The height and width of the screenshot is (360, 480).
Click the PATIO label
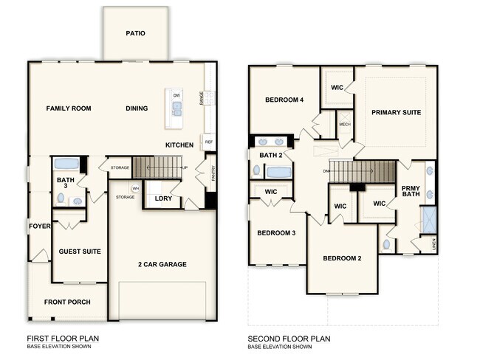pos(135,33)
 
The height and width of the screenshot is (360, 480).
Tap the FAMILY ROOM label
pos(69,108)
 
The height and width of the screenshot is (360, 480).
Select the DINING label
pos(137,108)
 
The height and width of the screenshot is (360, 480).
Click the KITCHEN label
pos(179,145)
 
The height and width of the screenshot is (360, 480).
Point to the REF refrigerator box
pos(209,141)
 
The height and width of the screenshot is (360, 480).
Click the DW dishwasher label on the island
pos(176,96)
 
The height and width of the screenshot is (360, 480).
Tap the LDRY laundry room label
pos(163,198)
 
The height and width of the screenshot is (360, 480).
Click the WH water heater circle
pos(136,189)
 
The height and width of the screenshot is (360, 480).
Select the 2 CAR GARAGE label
pos(162,264)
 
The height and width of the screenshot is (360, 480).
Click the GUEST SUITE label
pos(80,252)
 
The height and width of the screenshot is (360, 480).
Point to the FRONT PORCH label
pos(67,302)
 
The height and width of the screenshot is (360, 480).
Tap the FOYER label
pos(39,226)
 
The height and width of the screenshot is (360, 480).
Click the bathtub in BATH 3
pos(67,164)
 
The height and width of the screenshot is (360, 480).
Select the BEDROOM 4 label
pos(285,100)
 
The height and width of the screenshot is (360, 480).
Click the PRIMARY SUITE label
pos(397,112)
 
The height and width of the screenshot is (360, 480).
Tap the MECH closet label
pos(344,125)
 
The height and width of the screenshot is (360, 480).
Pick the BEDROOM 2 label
pos(342,258)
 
